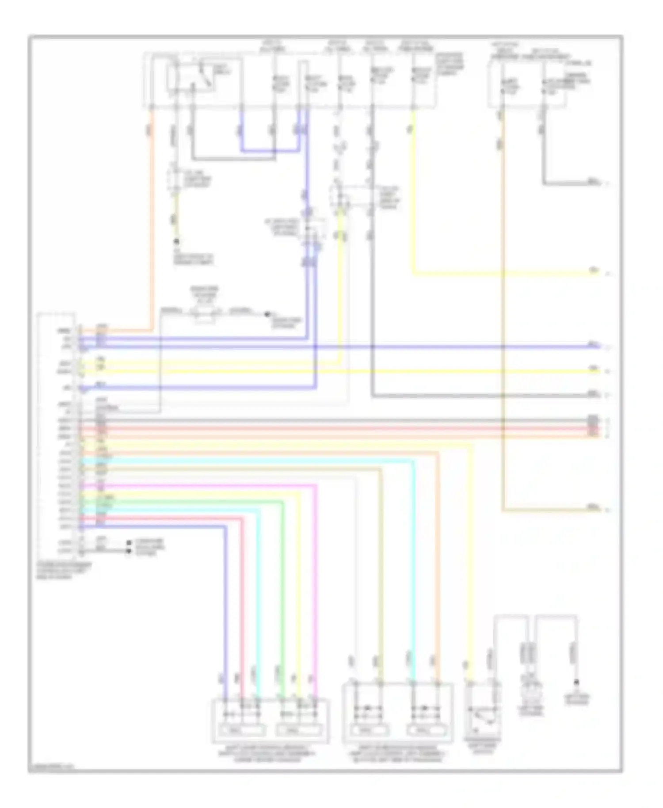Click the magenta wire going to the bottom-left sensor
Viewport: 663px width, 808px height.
[x=316, y=575]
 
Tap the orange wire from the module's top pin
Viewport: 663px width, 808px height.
[x=152, y=221]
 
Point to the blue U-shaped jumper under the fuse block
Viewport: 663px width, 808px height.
[x=270, y=151]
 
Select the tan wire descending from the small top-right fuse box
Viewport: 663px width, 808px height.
[x=503, y=309]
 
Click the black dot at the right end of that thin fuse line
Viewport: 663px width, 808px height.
[x=267, y=314]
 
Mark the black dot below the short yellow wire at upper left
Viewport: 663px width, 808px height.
[x=177, y=241]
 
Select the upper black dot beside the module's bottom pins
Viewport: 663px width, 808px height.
[x=129, y=542]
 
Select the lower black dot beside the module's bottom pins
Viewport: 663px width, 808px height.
[x=129, y=551]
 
